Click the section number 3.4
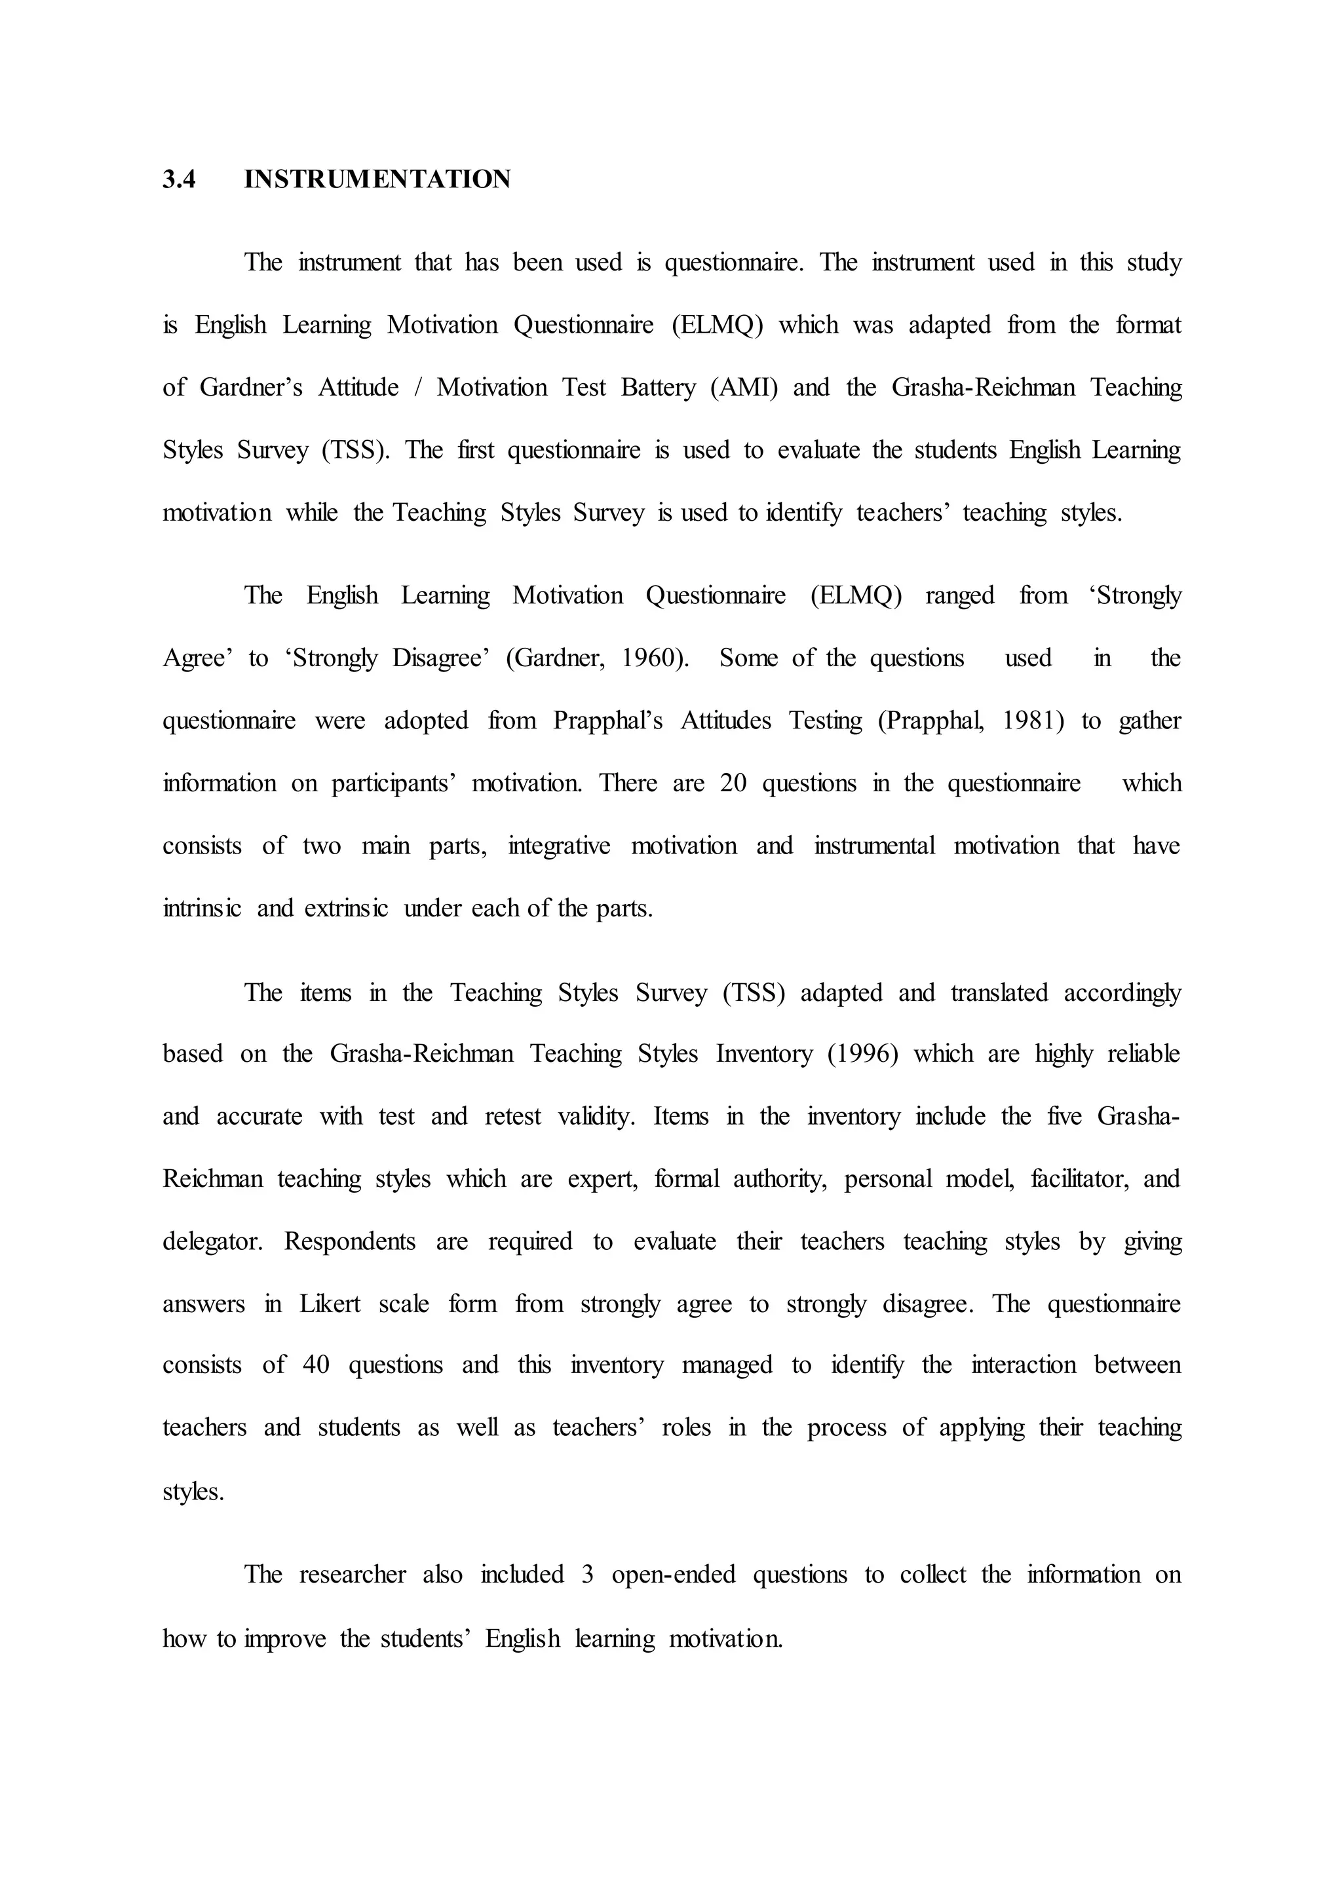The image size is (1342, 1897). [180, 179]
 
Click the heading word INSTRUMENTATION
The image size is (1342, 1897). [377, 179]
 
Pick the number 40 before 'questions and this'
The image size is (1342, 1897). [316, 1365]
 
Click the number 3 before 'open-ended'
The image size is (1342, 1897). [588, 1575]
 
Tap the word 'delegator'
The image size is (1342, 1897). [212, 1242]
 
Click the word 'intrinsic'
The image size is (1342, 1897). [202, 909]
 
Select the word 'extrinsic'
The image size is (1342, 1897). [345, 909]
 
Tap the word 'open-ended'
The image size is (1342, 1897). [674, 1575]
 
